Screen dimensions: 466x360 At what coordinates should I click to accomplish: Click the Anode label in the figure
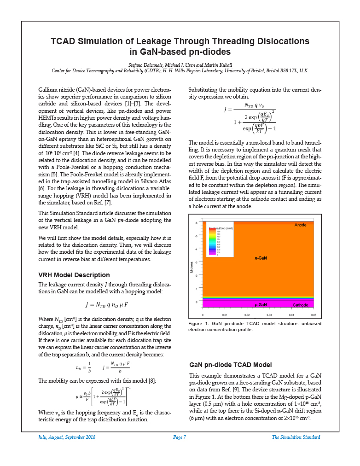point(300,225)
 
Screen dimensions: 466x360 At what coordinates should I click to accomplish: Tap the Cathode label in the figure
point(300,305)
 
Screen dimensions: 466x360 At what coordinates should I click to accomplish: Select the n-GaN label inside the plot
point(261,258)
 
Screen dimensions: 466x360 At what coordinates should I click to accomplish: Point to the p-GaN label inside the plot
point(261,305)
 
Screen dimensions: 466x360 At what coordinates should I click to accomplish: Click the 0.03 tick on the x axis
point(269,315)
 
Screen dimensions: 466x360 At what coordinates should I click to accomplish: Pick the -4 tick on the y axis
point(197,249)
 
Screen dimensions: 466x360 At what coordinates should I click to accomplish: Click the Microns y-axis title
point(192,267)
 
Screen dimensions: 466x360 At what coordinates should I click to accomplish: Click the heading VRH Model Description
point(74,275)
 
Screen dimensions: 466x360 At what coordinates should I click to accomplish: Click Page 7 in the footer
point(180,437)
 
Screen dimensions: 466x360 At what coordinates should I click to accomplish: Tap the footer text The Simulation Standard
point(296,437)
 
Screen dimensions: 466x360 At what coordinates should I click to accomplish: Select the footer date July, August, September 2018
point(67,437)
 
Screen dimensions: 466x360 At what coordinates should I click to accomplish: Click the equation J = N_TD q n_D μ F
point(106,305)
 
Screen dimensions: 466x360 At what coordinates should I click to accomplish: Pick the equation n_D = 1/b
point(83,367)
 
